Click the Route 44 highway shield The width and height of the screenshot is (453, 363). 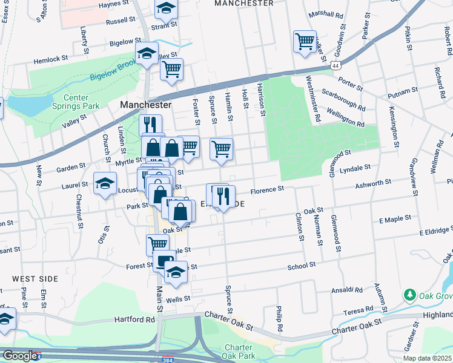pyautogui.click(x=335, y=64)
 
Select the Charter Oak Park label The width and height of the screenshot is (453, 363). pyautogui.click(x=242, y=352)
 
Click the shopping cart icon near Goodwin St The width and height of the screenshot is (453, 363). pyautogui.click(x=305, y=42)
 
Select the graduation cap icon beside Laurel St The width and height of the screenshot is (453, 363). pyautogui.click(x=105, y=183)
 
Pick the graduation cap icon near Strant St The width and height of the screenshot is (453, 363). pyautogui.click(x=165, y=8)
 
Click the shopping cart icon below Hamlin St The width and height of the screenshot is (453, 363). pyautogui.click(x=222, y=148)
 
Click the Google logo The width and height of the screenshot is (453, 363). pyautogui.click(x=19, y=356)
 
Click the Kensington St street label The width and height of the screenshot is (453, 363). pyautogui.click(x=394, y=127)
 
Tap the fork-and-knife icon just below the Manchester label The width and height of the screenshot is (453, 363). pyautogui.click(x=150, y=125)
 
